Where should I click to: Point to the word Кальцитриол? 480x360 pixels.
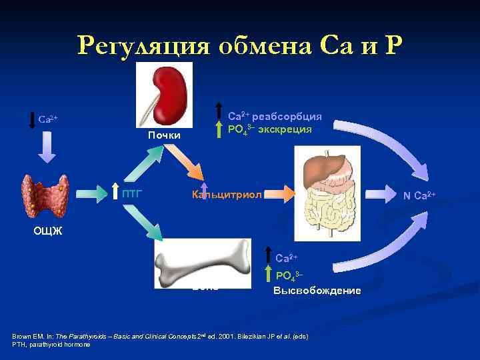pos(227,195)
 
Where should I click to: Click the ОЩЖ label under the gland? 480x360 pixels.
pos(48,231)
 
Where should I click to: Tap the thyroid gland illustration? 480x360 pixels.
pos(45,197)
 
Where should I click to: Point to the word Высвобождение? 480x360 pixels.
pos(317,291)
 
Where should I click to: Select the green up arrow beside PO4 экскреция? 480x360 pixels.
pos(220,129)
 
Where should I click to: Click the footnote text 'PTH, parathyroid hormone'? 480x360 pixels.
pos(51,344)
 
